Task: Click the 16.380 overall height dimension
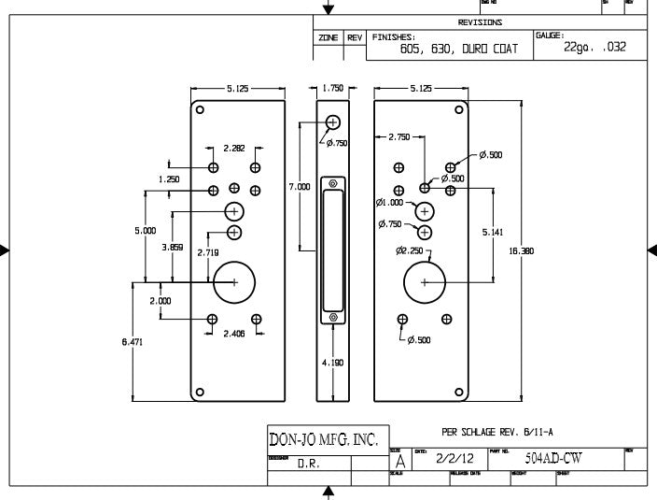click(x=521, y=251)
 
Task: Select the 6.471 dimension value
click(x=133, y=343)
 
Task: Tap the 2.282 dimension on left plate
click(x=234, y=148)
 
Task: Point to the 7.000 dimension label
click(x=300, y=187)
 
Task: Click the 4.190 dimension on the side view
click(x=334, y=363)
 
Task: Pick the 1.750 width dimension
click(x=333, y=88)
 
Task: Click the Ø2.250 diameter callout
click(x=410, y=250)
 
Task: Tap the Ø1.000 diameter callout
click(x=390, y=202)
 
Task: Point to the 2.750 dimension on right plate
click(x=398, y=137)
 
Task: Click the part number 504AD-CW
click(x=555, y=459)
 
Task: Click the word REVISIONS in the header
click(x=481, y=22)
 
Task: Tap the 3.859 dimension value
click(x=172, y=247)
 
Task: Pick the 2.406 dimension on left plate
click(x=233, y=334)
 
